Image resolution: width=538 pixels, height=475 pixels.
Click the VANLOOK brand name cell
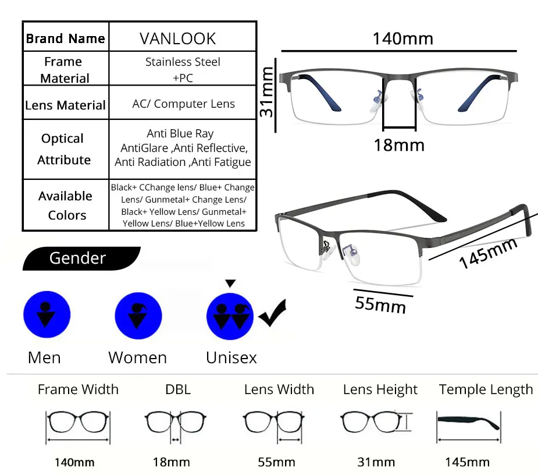[177, 38]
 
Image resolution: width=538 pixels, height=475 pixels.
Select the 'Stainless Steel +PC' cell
[183, 69]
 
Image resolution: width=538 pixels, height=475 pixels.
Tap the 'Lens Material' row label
[65, 105]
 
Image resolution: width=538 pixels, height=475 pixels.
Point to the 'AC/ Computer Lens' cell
[183, 104]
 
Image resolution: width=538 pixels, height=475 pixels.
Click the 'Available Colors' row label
[66, 205]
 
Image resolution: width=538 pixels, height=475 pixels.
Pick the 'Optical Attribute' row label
[63, 149]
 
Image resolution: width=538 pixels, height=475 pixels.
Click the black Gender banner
[79, 258]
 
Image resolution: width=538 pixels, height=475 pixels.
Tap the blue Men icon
[47, 315]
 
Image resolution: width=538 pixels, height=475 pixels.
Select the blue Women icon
[138, 315]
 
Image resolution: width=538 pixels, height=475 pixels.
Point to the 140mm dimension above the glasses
[402, 39]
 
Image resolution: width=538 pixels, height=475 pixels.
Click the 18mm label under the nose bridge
[399, 144]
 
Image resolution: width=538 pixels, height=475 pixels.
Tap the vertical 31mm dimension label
[267, 91]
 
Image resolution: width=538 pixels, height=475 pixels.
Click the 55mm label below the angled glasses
[380, 302]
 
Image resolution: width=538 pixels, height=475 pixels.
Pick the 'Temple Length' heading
[486, 389]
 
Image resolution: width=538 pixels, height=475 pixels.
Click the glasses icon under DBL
[175, 423]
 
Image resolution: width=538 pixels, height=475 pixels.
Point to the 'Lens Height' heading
[380, 389]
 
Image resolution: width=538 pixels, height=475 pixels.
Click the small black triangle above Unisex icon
[230, 283]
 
